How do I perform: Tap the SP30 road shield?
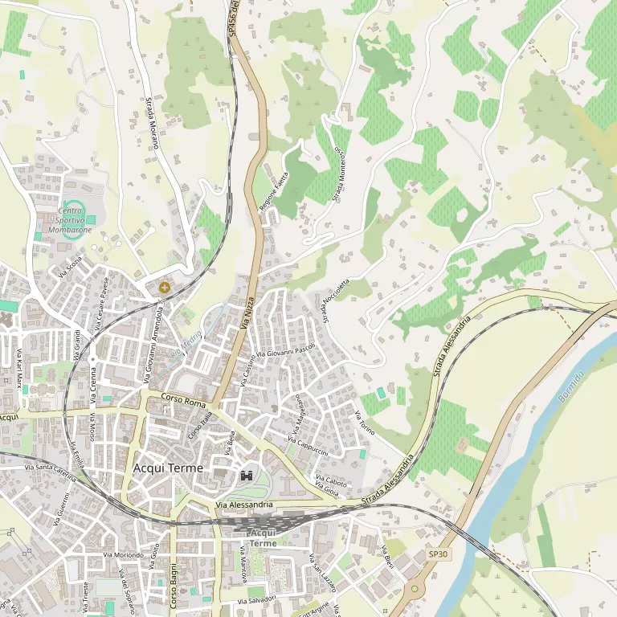pos(437,554)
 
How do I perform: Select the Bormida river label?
pos(570,385)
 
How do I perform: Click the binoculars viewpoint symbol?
pos(247,476)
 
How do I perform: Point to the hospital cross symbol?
pos(165,287)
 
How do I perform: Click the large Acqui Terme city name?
pos(168,468)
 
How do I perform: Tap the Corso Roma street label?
pos(178,398)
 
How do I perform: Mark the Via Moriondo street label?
pos(123,555)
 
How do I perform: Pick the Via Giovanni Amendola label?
pos(153,343)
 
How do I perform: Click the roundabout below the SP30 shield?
pos(415,589)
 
